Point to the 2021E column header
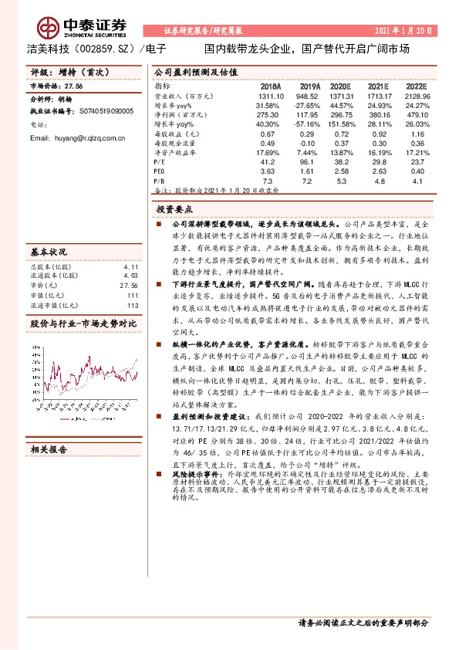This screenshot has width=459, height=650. click(378, 86)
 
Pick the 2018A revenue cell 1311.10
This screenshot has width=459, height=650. click(271, 96)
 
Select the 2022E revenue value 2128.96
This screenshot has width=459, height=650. click(414, 96)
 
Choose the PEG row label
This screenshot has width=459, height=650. click(160, 171)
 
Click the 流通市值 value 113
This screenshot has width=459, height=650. click(132, 303)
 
